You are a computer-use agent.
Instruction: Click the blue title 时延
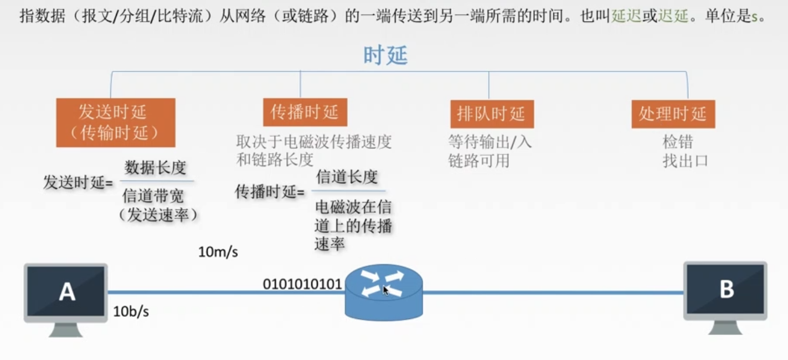coord(385,55)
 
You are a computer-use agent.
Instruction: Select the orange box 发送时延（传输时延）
coord(116,122)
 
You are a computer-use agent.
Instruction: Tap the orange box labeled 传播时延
coord(305,112)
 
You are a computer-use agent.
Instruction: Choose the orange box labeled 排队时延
coord(491,114)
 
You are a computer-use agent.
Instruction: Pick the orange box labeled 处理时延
coord(673,114)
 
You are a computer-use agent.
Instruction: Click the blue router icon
coord(383,292)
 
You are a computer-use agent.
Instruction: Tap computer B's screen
coord(725,290)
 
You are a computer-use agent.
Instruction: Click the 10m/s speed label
coord(218,252)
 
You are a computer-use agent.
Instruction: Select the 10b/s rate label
coord(131,311)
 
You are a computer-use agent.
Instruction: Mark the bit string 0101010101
coord(302,285)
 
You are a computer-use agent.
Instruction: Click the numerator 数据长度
coord(156,167)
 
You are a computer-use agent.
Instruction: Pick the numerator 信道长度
coord(347,177)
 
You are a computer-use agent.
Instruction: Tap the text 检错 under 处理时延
coord(678,142)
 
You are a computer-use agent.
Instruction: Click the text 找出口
coord(686,161)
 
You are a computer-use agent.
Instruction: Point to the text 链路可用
coord(478,161)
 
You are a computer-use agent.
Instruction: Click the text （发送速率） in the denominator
coord(158,214)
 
